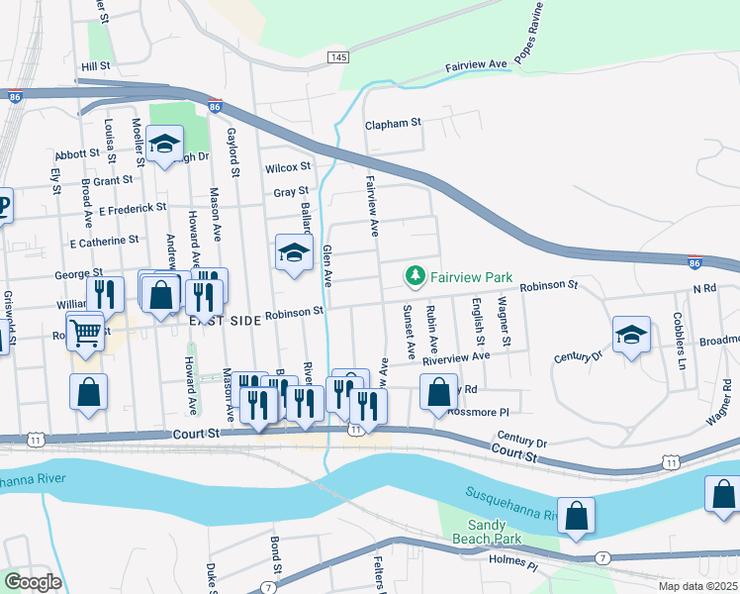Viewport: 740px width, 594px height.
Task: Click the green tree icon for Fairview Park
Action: [x=416, y=276]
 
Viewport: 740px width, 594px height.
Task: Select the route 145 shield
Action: [x=338, y=59]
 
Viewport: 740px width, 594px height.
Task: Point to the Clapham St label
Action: [x=393, y=124]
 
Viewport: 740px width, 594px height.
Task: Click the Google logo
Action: [x=33, y=582]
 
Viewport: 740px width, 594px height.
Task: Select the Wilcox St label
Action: [x=288, y=167]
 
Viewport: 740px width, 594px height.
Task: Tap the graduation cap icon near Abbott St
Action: [x=164, y=144]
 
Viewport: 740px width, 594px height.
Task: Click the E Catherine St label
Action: [x=104, y=241]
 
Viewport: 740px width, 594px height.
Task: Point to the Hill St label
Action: [x=95, y=65]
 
